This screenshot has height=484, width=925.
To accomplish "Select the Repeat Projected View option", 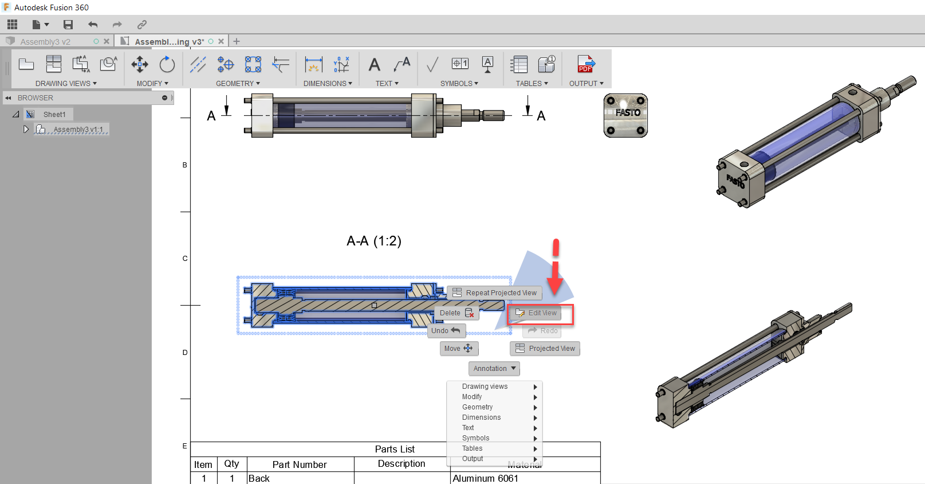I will pyautogui.click(x=495, y=293).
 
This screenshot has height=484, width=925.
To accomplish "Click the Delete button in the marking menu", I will pyautogui.click(x=456, y=313).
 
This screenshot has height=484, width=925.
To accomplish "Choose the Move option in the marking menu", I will pyautogui.click(x=458, y=349).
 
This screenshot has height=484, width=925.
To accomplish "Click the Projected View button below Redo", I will pyautogui.click(x=545, y=349).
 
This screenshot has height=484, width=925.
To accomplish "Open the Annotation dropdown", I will pyautogui.click(x=494, y=369).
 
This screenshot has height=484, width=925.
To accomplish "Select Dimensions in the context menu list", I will pyautogui.click(x=482, y=417).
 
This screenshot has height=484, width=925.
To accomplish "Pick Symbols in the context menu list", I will pyautogui.click(x=476, y=438).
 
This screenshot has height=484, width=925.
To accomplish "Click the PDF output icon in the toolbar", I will pyautogui.click(x=585, y=64).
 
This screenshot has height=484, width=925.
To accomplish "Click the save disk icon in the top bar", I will pyautogui.click(x=68, y=25).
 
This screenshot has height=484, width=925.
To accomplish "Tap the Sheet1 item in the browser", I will pyautogui.click(x=54, y=115).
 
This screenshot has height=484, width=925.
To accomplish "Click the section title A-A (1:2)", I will pyautogui.click(x=374, y=241).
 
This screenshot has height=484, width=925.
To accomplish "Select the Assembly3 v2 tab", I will pyautogui.click(x=45, y=42).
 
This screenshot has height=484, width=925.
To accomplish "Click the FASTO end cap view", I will pyautogui.click(x=625, y=116).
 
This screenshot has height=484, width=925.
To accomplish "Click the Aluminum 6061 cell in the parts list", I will pyautogui.click(x=485, y=478).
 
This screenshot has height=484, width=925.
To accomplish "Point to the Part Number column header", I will pyautogui.click(x=300, y=465).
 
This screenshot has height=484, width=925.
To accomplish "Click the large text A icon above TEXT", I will pyautogui.click(x=374, y=65).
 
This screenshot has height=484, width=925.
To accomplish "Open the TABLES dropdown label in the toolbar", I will pyautogui.click(x=532, y=84).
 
